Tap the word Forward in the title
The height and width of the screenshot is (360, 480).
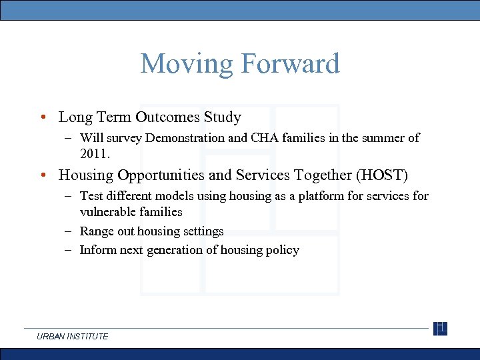pos(289,64)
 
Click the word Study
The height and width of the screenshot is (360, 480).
pos(223,117)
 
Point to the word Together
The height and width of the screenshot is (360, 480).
pos(318,175)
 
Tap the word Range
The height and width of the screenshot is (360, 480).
pos(96,231)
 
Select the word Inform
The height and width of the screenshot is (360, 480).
pos(97,250)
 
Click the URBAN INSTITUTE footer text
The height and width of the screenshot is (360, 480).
pos(73,337)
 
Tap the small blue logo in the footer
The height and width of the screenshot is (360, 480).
pos(440,329)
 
